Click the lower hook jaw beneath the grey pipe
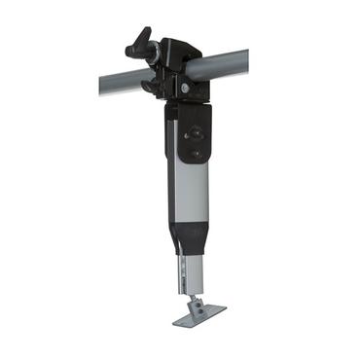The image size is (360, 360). tap(153, 88)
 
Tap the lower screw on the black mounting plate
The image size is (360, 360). tap(196, 152)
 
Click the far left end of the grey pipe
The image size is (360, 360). tap(100, 88)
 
